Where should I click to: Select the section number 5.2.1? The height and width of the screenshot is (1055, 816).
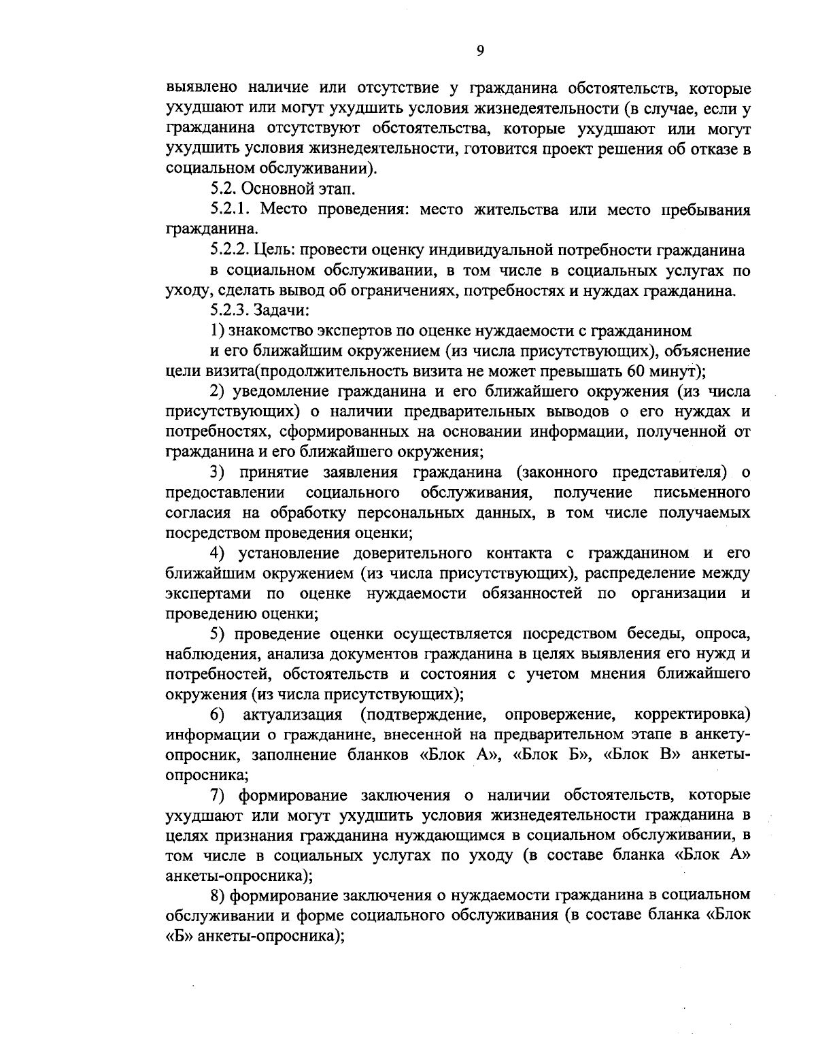tap(231, 210)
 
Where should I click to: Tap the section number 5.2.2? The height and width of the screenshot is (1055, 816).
tap(231, 250)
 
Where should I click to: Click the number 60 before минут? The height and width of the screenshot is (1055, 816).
tap(639, 371)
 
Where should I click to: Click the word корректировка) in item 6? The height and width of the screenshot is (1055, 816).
tap(692, 715)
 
